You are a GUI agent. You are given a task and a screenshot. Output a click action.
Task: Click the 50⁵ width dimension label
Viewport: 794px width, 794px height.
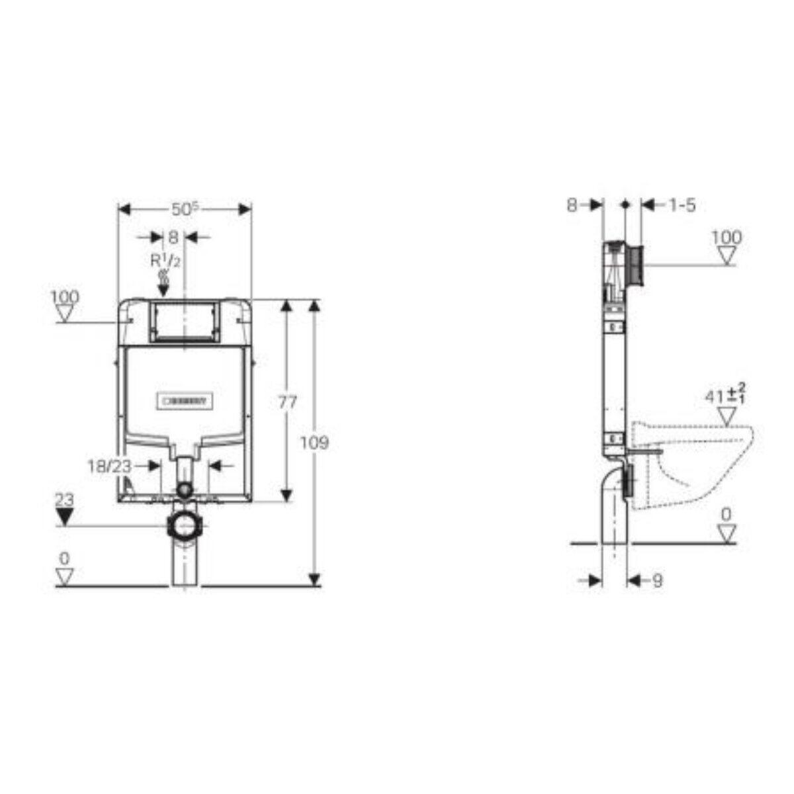[185, 209]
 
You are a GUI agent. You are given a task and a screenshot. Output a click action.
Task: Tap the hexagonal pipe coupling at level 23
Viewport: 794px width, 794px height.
[185, 527]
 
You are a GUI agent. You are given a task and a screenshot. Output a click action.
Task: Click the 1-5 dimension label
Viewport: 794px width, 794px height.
[678, 205]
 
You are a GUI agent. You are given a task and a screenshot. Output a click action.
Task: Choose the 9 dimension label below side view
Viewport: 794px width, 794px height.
[657, 581]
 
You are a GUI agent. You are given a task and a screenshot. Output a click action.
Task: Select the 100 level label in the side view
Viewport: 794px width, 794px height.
[727, 237]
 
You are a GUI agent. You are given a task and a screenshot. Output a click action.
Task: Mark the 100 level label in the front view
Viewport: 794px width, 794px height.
[64, 297]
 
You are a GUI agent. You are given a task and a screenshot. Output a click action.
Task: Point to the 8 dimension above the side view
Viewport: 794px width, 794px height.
[572, 205]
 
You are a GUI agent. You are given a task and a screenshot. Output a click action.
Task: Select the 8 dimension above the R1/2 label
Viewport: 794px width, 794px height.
[173, 236]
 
